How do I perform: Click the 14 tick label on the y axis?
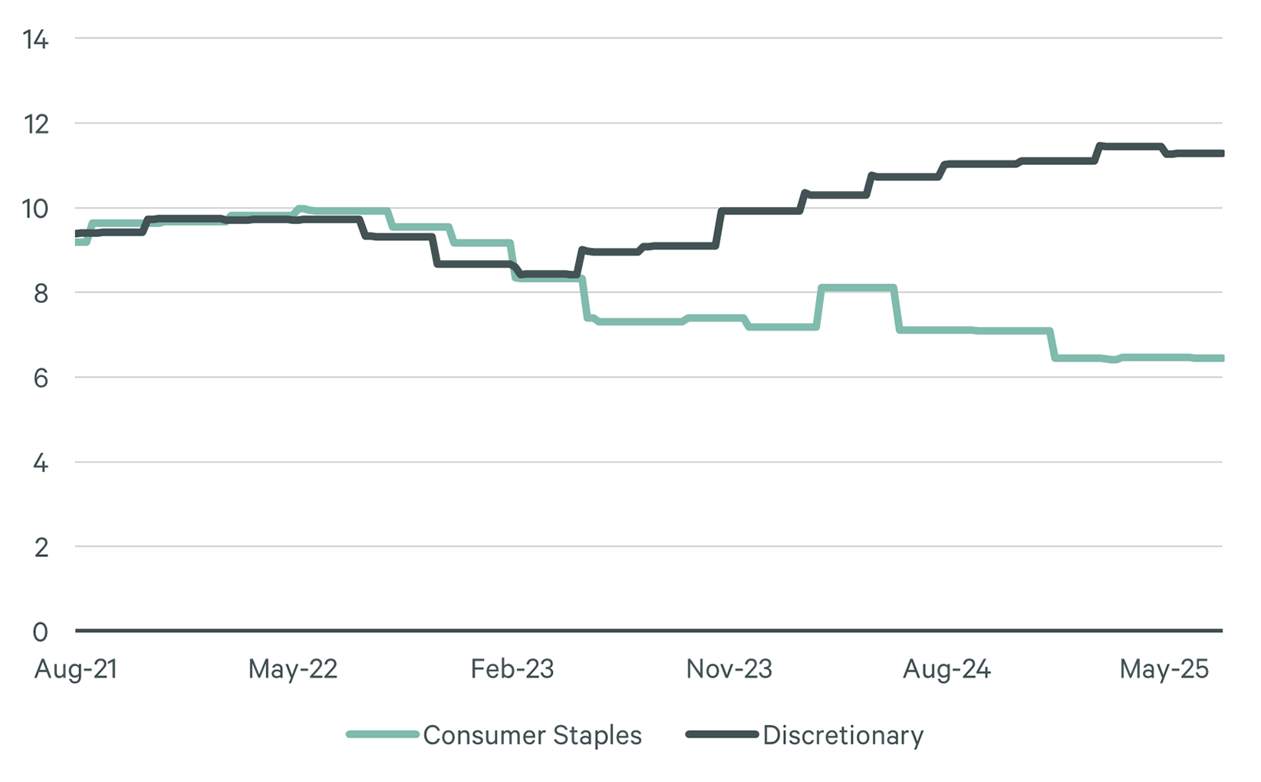[35, 40]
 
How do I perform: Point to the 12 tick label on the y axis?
[35, 124]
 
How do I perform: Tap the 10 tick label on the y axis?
[35, 209]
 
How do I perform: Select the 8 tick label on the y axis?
[40, 293]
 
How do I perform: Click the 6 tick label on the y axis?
[40, 378]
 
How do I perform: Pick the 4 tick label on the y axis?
[40, 463]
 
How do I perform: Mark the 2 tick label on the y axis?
[40, 547]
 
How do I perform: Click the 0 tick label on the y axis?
[40, 632]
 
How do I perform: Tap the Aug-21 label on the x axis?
[76, 669]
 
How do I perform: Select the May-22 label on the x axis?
[292, 669]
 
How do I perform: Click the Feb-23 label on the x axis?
[512, 669]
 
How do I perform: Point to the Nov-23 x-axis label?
[729, 669]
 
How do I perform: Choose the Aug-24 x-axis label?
[947, 669]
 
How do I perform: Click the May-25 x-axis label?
[1164, 669]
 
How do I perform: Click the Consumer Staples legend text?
[532, 735]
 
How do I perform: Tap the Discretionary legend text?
[842, 735]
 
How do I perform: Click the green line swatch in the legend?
[382, 734]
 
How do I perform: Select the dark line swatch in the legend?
[722, 734]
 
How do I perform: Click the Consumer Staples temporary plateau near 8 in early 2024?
[857, 289]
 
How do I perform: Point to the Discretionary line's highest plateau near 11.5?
[1130, 146]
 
